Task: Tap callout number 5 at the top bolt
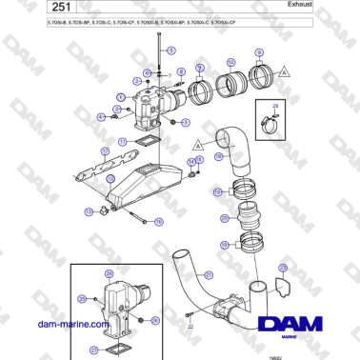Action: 150,60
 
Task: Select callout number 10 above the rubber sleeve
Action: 230,63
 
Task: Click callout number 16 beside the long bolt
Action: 90,211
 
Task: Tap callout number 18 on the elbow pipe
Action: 218,155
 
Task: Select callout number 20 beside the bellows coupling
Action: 224,217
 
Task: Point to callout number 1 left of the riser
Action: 120,98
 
